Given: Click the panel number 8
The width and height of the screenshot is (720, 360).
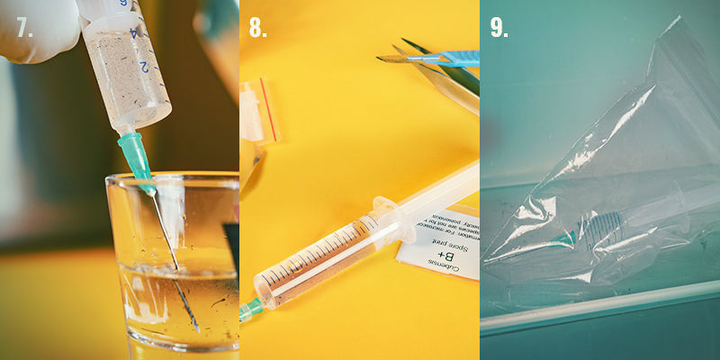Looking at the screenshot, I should click(258, 28).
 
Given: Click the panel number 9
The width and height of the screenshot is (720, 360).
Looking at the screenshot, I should click(499, 28).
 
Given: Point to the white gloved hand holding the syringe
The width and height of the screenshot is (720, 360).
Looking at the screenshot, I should click(36, 27).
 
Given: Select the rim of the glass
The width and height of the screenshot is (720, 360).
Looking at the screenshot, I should click(171, 179).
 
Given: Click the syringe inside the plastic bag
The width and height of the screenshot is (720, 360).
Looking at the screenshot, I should click(612, 220).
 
